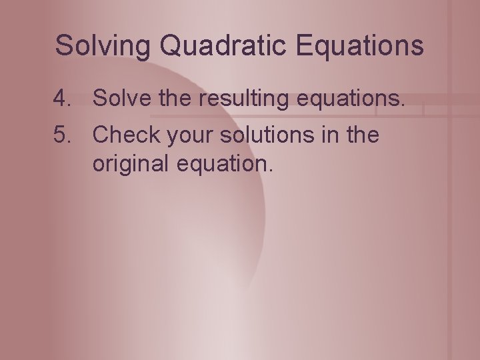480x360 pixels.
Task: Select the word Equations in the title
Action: [359, 46]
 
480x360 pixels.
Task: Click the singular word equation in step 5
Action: [223, 162]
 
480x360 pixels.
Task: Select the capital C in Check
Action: [101, 135]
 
